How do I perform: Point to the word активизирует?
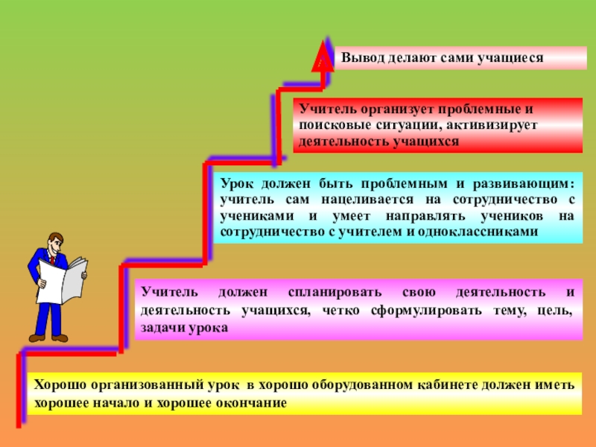[x=493, y=124]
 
